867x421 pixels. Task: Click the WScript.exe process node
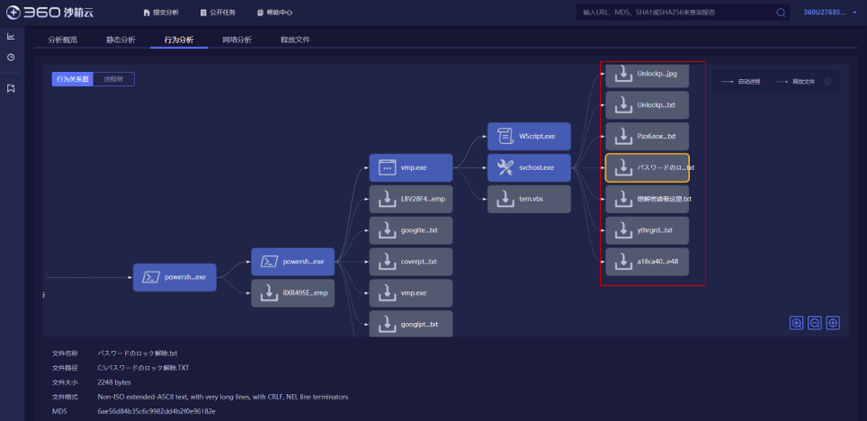pyautogui.click(x=529, y=136)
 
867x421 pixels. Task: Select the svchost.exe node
pyautogui.click(x=529, y=167)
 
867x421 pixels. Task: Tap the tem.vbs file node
pyautogui.click(x=529, y=199)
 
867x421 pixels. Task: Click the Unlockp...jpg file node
pyautogui.click(x=647, y=74)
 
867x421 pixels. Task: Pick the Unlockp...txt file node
pyautogui.click(x=647, y=105)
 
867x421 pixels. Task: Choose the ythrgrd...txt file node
pyautogui.click(x=647, y=230)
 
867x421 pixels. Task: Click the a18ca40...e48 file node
pyautogui.click(x=647, y=262)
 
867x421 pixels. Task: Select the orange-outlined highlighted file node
pyautogui.click(x=647, y=167)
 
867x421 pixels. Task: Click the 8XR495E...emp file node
pyautogui.click(x=292, y=293)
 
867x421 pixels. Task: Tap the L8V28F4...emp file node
pyautogui.click(x=410, y=199)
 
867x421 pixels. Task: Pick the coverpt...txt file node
pyautogui.click(x=410, y=262)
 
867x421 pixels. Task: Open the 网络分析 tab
pyautogui.click(x=237, y=40)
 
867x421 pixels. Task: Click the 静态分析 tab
pyautogui.click(x=121, y=40)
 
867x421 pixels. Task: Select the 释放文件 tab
pyautogui.click(x=295, y=40)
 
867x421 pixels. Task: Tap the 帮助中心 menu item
pyautogui.click(x=279, y=13)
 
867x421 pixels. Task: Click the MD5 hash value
pyautogui.click(x=156, y=411)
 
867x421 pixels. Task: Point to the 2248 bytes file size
pyautogui.click(x=114, y=382)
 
